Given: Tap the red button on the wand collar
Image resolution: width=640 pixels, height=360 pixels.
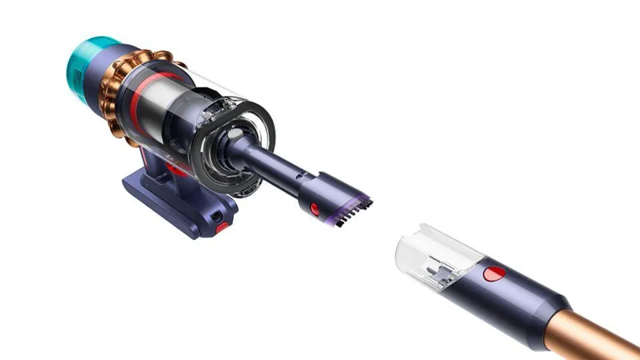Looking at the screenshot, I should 494,273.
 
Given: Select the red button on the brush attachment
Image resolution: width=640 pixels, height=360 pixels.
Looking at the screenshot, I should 315,209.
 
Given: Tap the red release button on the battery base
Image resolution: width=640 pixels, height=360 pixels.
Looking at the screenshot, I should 222,227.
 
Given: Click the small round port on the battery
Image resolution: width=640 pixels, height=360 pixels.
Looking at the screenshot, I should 215,216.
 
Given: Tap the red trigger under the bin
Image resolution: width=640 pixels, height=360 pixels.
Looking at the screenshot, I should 179,171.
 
